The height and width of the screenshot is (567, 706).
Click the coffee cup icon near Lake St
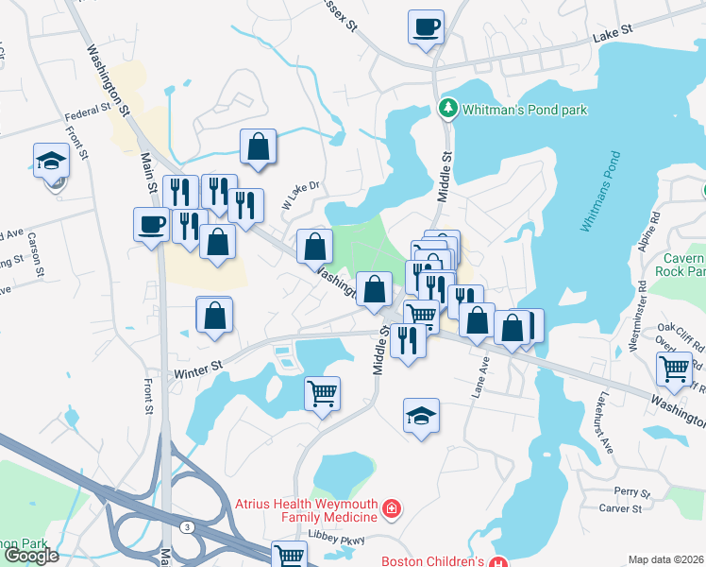(426, 26)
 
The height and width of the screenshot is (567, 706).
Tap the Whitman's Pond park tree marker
(448, 110)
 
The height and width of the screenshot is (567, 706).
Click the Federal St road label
(88, 118)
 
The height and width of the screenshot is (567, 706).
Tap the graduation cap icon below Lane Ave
(421, 415)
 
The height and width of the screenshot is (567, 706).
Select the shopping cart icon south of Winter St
(323, 392)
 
